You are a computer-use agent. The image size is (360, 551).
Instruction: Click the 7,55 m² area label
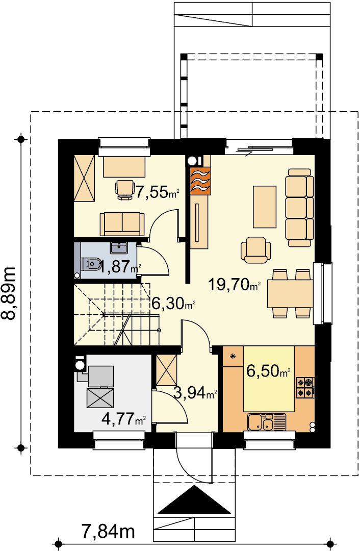coord(158,192)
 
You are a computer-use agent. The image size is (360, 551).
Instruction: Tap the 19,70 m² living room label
coord(235,284)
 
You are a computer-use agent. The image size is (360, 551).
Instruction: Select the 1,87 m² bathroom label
coord(120,267)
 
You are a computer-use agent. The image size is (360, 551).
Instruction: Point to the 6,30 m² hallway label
coord(173,303)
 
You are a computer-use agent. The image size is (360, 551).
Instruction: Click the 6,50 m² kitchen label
coord(269,371)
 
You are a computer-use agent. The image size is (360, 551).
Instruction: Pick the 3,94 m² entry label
coord(195,393)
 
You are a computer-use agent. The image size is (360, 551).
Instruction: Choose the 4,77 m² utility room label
coord(123,418)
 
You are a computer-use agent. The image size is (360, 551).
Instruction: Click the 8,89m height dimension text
coord(9,293)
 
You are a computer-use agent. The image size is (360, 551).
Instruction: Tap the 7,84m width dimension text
coord(108,531)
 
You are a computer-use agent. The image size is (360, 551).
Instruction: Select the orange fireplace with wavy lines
coord(200,181)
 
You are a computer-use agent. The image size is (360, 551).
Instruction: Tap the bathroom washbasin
coord(119,248)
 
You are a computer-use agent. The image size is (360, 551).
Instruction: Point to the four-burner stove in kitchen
coord(305,388)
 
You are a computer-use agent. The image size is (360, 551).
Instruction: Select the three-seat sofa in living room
coord(299,208)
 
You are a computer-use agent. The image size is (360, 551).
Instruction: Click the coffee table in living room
coord(265,207)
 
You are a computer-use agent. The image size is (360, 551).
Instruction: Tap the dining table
coord(290,293)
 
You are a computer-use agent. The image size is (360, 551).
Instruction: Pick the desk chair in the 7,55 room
coord(125,189)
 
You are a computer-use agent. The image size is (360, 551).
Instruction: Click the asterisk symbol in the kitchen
coord(232,356)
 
